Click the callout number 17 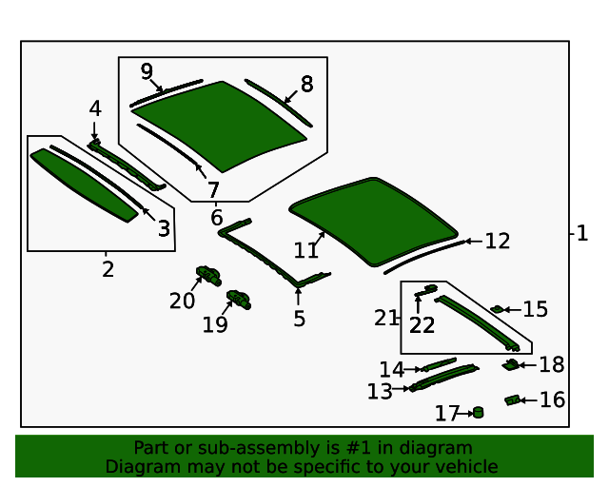[x=447, y=414]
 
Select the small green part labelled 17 [x=478, y=412]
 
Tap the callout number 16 [x=552, y=399]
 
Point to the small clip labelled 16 [x=512, y=400]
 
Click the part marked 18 [x=511, y=364]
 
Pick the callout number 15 [x=535, y=309]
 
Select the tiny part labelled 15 [x=497, y=308]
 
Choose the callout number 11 [x=305, y=250]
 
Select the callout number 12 [x=497, y=242]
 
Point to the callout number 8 [x=306, y=85]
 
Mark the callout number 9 [x=147, y=71]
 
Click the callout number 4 [x=95, y=109]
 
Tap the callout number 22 [x=422, y=325]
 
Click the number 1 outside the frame [x=582, y=233]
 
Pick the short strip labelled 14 [x=441, y=363]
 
